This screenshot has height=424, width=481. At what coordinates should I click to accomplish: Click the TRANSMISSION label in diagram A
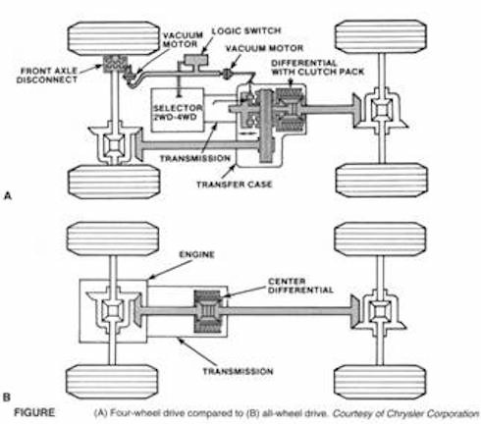[203, 158]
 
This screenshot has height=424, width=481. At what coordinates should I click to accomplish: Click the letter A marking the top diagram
[8, 196]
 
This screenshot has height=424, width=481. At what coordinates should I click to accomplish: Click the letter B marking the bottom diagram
[8, 397]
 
